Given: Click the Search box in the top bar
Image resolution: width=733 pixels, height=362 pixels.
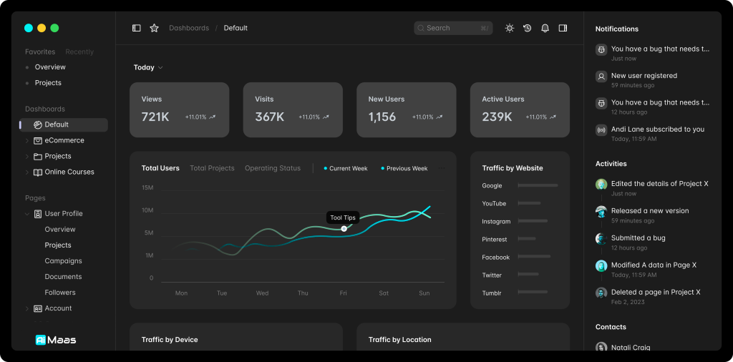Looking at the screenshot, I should tap(452, 28).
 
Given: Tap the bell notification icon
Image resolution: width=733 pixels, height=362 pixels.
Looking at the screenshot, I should tap(545, 28).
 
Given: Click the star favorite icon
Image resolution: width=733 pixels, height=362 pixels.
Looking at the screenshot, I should tap(154, 28).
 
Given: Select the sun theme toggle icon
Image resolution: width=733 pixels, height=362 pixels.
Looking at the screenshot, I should tap(509, 28).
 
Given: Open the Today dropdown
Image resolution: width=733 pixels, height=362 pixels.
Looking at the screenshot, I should tap(148, 67).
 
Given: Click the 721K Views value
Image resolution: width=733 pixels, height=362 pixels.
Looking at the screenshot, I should tap(155, 117).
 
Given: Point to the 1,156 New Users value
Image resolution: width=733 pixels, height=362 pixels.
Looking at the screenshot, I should tap(382, 117).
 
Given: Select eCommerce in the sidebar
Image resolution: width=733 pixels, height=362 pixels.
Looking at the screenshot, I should tap(64, 140).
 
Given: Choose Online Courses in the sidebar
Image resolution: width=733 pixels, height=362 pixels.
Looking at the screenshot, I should tap(69, 172).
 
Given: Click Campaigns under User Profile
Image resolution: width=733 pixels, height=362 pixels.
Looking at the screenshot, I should tap(63, 261).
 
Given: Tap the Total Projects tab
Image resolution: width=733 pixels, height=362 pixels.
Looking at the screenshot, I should tap(212, 168).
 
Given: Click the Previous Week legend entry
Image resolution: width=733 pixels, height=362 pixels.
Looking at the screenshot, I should tap(407, 169).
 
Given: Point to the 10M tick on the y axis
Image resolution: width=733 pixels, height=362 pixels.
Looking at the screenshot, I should tap(147, 210).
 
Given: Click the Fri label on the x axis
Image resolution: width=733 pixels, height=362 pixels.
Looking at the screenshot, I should tap(344, 293).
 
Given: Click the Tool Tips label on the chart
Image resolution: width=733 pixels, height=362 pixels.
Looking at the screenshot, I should tap(343, 217).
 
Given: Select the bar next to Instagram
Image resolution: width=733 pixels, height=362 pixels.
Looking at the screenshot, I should tap(532, 221).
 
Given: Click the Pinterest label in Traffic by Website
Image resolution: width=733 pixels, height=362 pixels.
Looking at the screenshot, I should tap(495, 240).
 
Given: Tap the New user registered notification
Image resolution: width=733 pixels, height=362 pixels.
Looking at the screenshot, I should tap(644, 76).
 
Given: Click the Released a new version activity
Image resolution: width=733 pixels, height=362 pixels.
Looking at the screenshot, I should tap(649, 211).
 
